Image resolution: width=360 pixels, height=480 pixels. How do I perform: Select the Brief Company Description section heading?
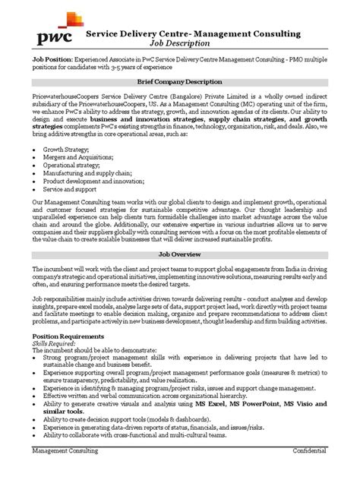[179, 81]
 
